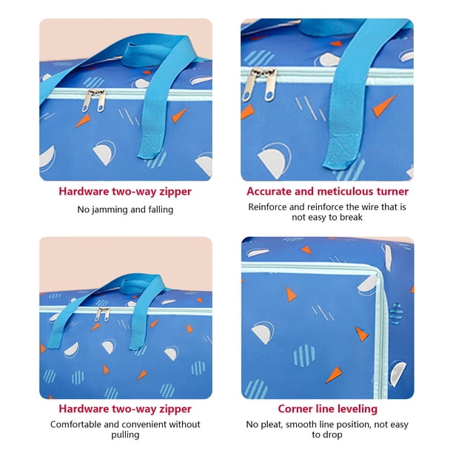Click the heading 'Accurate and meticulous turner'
[327, 192]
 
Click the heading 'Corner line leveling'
[327, 409]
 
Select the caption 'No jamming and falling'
[125, 209]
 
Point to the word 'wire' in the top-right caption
[369, 207]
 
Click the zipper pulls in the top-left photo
[94, 100]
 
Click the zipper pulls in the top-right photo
[259, 84]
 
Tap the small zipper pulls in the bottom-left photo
[102, 315]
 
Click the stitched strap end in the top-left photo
[150, 147]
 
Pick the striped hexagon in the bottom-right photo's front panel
[304, 355]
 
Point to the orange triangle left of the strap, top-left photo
[83, 121]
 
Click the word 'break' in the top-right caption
[351, 217]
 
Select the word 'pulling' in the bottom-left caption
[125, 434]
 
